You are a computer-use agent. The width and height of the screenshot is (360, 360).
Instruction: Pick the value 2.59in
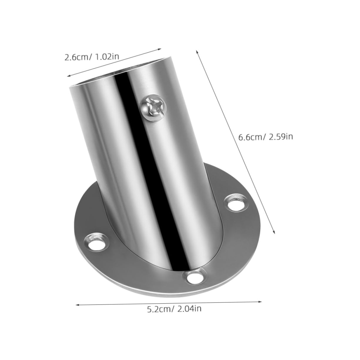click(281, 137)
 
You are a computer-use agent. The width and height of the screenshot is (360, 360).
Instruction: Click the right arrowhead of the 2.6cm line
click(160, 49)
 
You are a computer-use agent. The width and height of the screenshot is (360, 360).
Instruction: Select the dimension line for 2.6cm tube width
click(115, 63)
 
